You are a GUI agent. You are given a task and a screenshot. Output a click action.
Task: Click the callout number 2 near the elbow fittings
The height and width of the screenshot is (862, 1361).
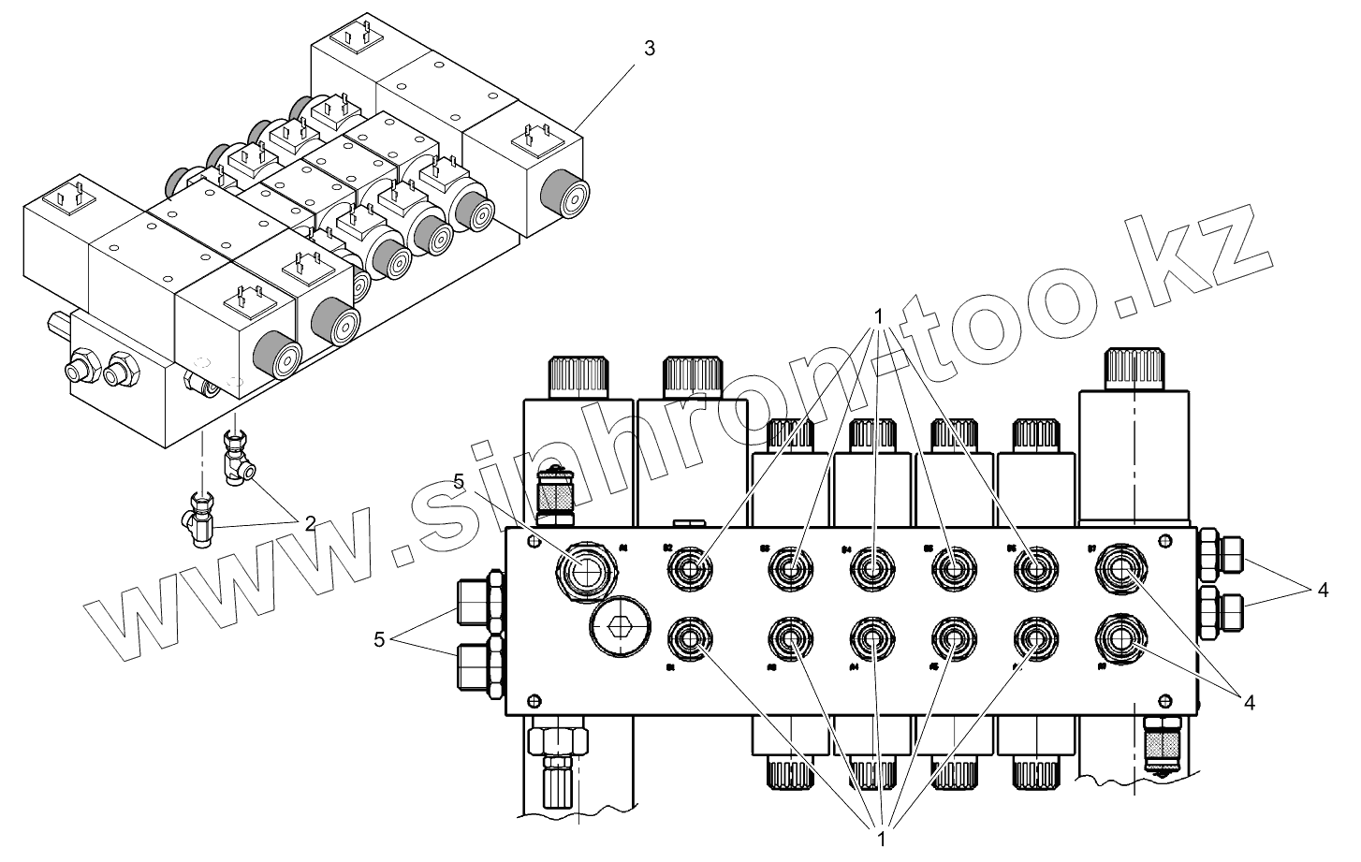(x=309, y=523)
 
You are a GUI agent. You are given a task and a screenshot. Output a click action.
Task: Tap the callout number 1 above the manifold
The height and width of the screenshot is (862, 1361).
(x=879, y=314)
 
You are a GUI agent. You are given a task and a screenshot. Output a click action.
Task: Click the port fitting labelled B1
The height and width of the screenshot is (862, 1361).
(x=692, y=640)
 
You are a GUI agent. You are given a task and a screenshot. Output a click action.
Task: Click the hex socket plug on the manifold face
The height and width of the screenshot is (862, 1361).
(x=615, y=628)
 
